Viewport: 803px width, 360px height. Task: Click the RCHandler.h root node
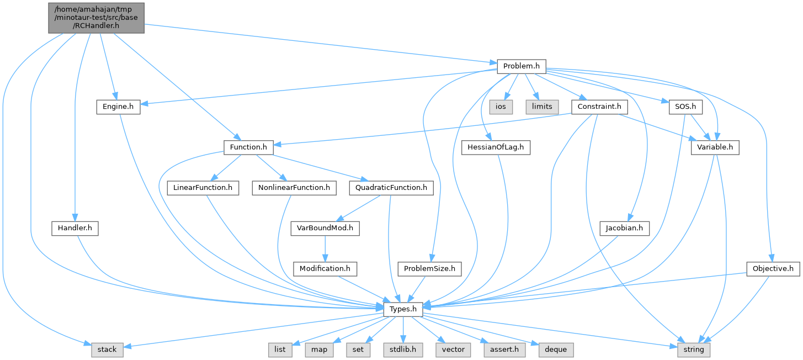(96, 18)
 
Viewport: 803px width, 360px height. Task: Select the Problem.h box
(521, 67)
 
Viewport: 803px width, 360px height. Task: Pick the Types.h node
(403, 309)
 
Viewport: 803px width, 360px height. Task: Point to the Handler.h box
(75, 228)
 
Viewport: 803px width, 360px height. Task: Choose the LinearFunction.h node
(203, 188)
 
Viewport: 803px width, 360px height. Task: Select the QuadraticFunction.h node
(391, 188)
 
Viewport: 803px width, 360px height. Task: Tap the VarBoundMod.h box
(325, 228)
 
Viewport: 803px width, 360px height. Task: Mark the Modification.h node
(325, 269)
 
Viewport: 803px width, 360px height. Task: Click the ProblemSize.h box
(429, 269)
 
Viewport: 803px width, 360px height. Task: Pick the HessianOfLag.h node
(496, 147)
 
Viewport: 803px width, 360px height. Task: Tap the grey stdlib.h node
(403, 350)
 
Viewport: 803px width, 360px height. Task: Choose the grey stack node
(107, 350)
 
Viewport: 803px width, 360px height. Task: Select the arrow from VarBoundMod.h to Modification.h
(325, 248)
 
